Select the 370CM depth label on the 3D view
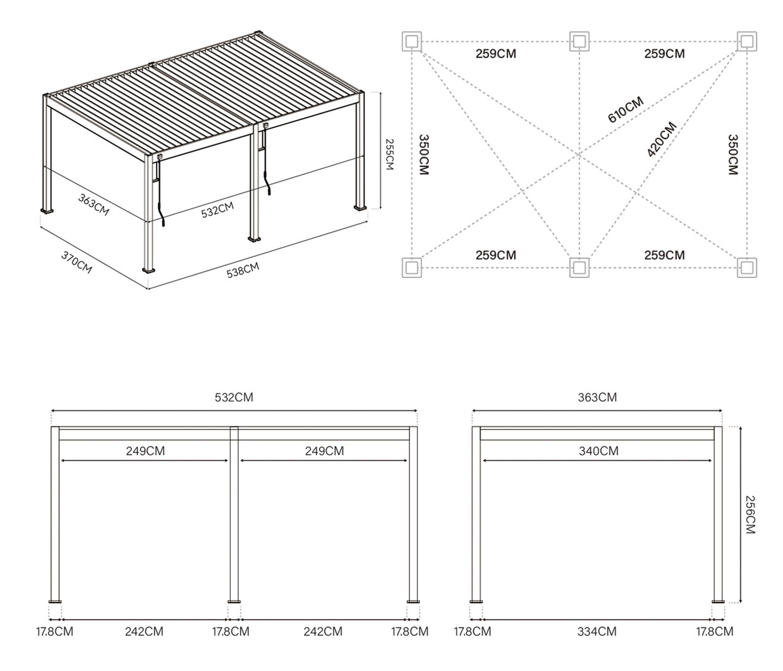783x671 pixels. [77, 262]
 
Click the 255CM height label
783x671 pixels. [389, 155]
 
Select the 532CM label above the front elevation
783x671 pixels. [234, 397]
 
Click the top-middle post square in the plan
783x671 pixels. [579, 41]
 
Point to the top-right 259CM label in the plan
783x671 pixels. [664, 54]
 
